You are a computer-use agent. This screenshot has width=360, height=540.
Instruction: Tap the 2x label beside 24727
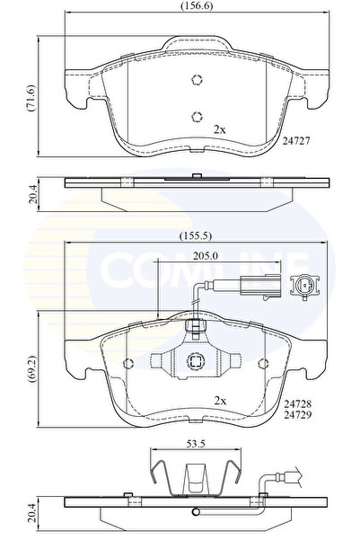click(219, 130)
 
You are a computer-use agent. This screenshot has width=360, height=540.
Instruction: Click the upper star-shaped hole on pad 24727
click(197, 80)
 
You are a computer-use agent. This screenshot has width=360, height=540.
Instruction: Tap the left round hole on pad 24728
click(128, 362)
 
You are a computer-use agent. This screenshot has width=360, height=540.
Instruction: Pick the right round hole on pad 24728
click(263, 362)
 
